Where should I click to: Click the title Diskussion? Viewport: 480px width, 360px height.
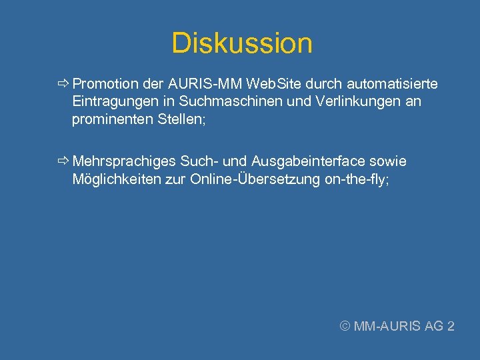click(241, 43)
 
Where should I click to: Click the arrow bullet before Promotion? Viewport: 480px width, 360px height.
click(63, 84)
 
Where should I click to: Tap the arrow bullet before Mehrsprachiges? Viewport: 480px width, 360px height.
click(63, 161)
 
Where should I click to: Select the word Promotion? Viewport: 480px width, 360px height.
click(105, 84)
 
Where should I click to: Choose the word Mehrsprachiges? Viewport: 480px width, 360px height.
click(124, 161)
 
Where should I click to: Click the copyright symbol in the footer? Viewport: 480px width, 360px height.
click(345, 326)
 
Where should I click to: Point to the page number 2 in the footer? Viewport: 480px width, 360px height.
click(451, 326)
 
